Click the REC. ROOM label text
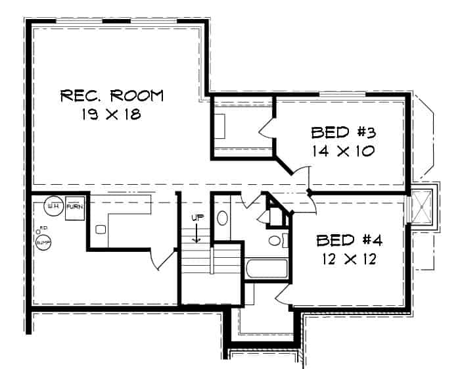tap(111, 95)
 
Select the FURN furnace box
tap(74, 207)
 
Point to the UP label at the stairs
tap(195, 218)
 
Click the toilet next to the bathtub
tap(275, 240)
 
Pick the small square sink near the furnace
tap(100, 230)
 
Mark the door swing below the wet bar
tap(160, 260)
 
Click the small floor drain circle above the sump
tap(37, 232)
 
